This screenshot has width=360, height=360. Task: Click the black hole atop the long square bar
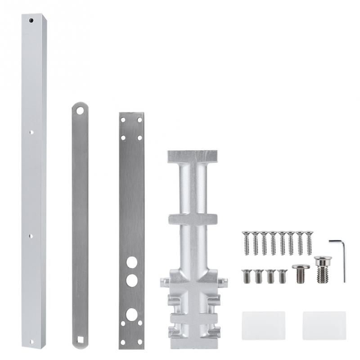(x=31, y=21)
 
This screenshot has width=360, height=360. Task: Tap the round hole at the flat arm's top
(x=80, y=110)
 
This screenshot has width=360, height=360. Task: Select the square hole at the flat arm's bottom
(x=80, y=339)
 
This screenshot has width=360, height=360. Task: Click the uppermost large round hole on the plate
(x=131, y=262)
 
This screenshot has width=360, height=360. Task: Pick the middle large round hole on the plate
(x=131, y=280)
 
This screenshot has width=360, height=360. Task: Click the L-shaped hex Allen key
(x=340, y=259)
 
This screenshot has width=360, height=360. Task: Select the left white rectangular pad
(x=263, y=325)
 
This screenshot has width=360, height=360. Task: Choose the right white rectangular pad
(x=324, y=325)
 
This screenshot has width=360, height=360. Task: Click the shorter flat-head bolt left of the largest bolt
(x=301, y=273)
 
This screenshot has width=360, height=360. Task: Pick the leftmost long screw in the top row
(x=246, y=243)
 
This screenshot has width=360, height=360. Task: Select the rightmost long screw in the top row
(x=309, y=243)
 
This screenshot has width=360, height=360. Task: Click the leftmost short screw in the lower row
(x=247, y=276)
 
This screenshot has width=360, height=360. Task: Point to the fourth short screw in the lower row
(x=282, y=276)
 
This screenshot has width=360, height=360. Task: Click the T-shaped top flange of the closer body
(x=192, y=157)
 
